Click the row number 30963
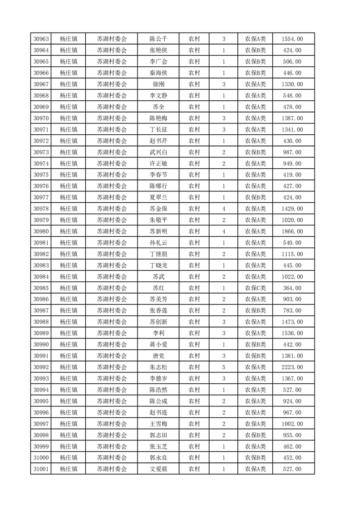click(42, 39)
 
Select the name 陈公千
click(158, 39)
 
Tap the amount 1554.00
click(292, 39)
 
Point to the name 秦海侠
click(158, 73)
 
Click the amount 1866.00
click(292, 231)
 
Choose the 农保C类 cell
click(256, 288)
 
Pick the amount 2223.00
click(292, 367)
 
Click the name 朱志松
click(158, 367)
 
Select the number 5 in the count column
click(224, 367)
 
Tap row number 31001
click(42, 469)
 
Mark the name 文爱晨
click(158, 469)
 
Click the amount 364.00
click(292, 288)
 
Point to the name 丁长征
click(158, 129)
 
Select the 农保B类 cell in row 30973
click(256, 152)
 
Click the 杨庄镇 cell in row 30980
click(69, 231)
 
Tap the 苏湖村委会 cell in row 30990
click(112, 344)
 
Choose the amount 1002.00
click(292, 424)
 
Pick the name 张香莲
click(158, 310)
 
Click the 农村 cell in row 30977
click(194, 197)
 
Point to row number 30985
click(42, 288)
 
